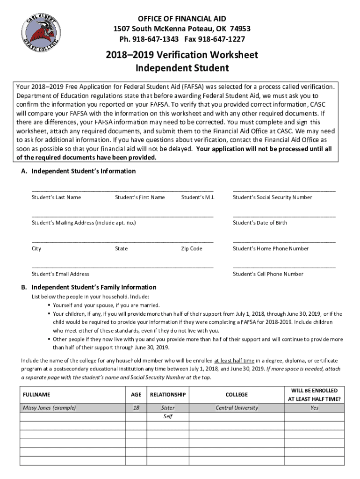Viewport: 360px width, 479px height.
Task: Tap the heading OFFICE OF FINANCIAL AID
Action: click(x=181, y=19)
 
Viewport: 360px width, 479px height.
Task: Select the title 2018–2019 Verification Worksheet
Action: click(x=181, y=55)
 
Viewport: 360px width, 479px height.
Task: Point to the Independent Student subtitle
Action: click(x=181, y=68)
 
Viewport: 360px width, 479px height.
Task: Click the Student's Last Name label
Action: click(x=56, y=197)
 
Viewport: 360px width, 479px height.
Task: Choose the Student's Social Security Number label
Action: click(x=272, y=197)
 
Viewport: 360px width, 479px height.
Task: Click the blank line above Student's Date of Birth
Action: click(x=284, y=217)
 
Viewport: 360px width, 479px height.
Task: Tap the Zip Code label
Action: click(x=192, y=249)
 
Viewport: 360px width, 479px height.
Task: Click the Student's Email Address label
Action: click(x=60, y=274)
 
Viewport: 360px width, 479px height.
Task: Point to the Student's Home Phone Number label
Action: click(x=271, y=249)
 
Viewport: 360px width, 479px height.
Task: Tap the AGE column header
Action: click(x=136, y=395)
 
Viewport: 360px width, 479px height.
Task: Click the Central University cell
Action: click(x=237, y=408)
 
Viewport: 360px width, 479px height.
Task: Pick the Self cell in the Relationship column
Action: click(x=168, y=416)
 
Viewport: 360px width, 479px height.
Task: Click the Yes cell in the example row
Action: click(x=314, y=408)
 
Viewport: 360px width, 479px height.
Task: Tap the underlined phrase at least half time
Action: click(x=234, y=361)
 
